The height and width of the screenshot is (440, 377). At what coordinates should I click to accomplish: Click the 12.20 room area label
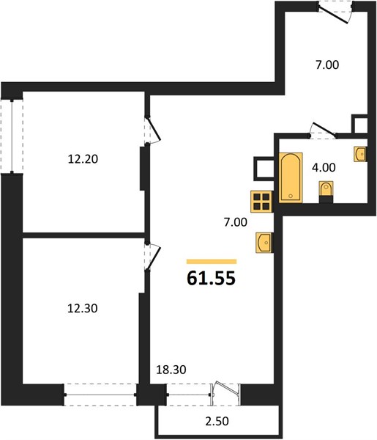pyautogui.click(x=83, y=159)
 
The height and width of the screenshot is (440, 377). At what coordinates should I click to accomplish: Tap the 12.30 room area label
pyautogui.click(x=83, y=309)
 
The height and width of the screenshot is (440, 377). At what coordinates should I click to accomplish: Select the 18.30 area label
pyautogui.click(x=171, y=370)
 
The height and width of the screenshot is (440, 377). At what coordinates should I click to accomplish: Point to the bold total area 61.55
pyautogui.click(x=211, y=279)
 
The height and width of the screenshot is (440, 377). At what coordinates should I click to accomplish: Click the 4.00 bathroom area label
pyautogui.click(x=324, y=167)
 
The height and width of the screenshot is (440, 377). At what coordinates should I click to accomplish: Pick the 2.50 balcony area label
pyautogui.click(x=217, y=421)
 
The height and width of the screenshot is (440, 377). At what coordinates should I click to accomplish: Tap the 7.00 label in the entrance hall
pyautogui.click(x=327, y=65)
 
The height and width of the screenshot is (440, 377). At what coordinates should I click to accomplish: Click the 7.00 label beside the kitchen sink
pyautogui.click(x=235, y=222)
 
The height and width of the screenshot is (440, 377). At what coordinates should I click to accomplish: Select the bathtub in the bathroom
pyautogui.click(x=291, y=177)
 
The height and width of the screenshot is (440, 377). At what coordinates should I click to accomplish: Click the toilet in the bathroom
pyautogui.click(x=326, y=191)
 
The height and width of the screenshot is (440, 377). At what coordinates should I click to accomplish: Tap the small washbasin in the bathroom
pyautogui.click(x=360, y=154)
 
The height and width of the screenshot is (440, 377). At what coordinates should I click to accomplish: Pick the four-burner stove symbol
pyautogui.click(x=261, y=202)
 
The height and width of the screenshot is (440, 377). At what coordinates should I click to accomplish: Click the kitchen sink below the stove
pyautogui.click(x=264, y=243)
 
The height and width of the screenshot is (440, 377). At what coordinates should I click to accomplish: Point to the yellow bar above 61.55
pyautogui.click(x=212, y=262)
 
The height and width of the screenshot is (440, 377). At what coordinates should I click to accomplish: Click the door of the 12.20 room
pyautogui.click(x=153, y=131)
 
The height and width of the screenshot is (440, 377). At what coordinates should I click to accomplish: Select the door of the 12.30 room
pyautogui.click(x=153, y=257)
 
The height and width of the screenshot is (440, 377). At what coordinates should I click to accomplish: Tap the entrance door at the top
pyautogui.click(x=335, y=12)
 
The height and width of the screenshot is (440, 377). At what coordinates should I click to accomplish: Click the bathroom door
pyautogui.click(x=323, y=131)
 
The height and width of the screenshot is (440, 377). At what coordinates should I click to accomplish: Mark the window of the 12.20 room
pyautogui.click(x=12, y=136)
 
